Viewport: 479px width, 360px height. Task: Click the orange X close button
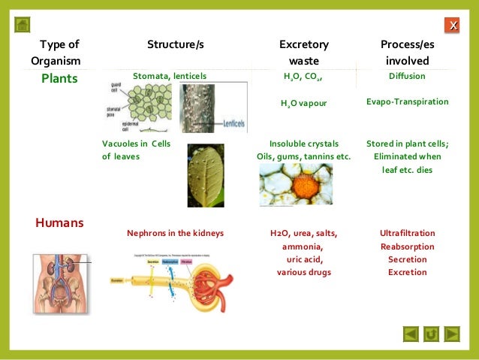pyautogui.click(x=452, y=26)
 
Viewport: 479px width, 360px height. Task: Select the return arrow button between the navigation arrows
pyautogui.click(x=431, y=333)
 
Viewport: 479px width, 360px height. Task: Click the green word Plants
pyautogui.click(x=59, y=78)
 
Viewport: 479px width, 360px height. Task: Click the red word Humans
pyautogui.click(x=59, y=222)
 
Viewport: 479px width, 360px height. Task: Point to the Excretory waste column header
pyautogui.click(x=303, y=52)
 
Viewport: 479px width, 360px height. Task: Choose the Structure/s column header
pyautogui.click(x=176, y=45)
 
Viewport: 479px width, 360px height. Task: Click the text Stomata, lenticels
pyautogui.click(x=169, y=76)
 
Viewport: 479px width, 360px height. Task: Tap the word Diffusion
pyautogui.click(x=407, y=76)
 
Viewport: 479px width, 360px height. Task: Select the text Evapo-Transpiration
pyautogui.click(x=407, y=101)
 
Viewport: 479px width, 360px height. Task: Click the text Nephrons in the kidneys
pyautogui.click(x=175, y=233)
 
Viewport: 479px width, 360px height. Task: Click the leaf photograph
pyautogui.click(x=205, y=174)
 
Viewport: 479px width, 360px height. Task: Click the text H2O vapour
pyautogui.click(x=304, y=102)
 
